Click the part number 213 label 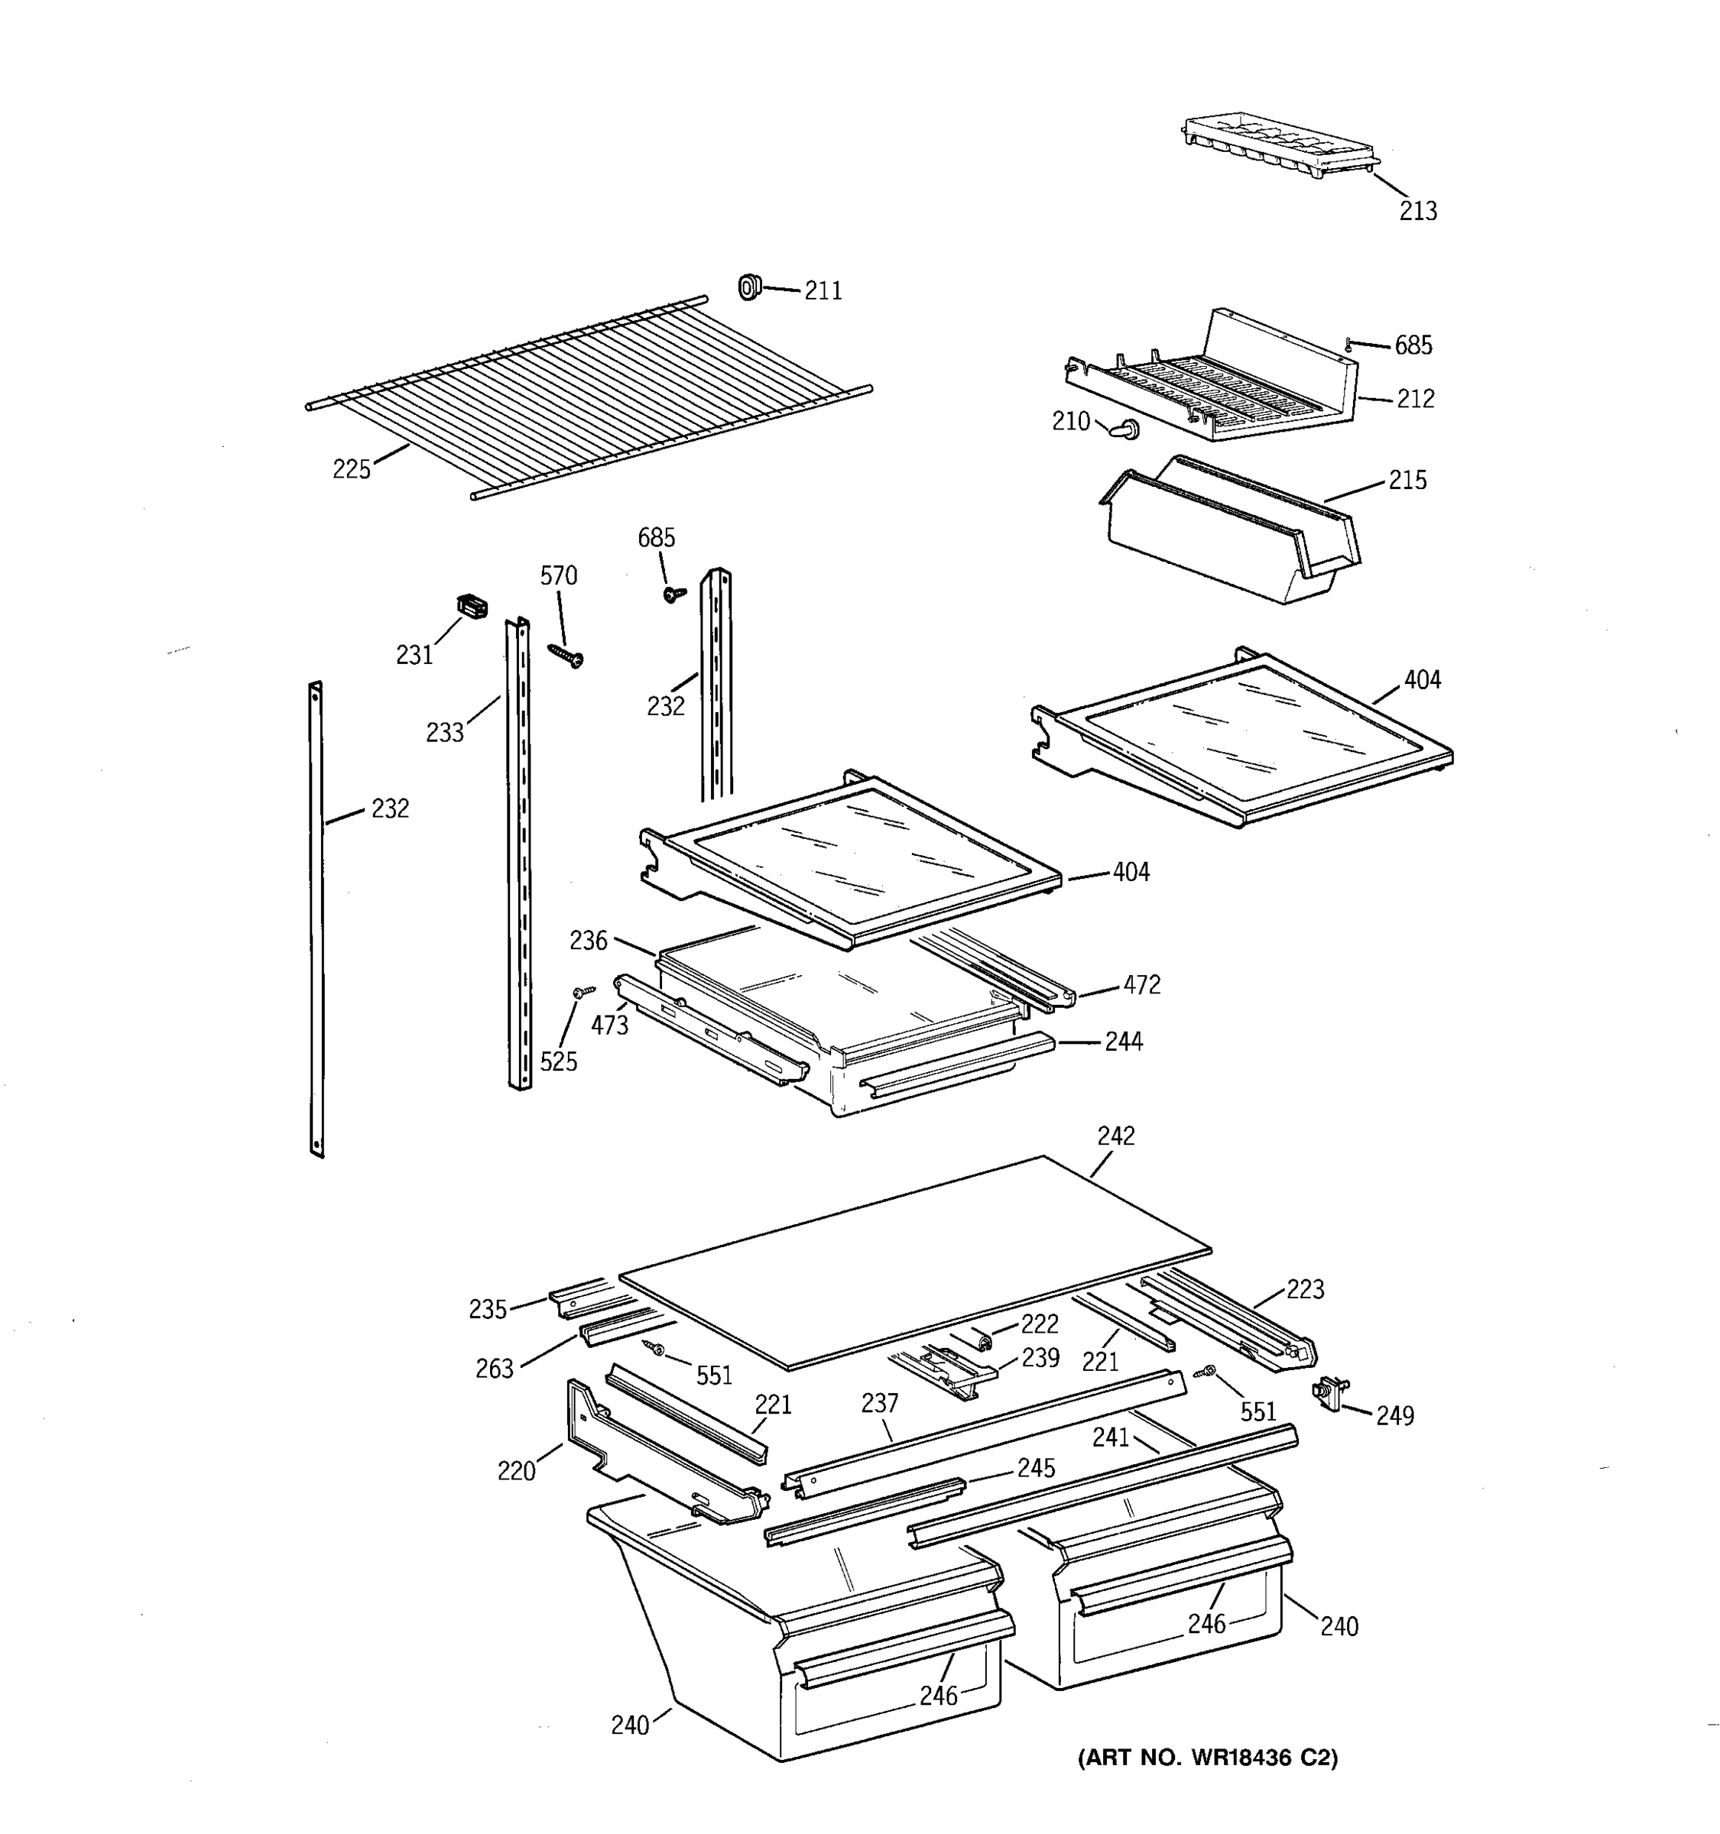point(1417,211)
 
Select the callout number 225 point(352,469)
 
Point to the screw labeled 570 point(566,655)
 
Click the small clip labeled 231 point(472,606)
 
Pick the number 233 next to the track point(445,733)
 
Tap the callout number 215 point(1407,480)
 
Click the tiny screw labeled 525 point(581,992)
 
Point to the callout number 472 point(1141,984)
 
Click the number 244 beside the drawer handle point(1124,1042)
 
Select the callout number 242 point(1115,1136)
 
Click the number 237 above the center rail point(879,1403)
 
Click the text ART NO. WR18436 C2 point(1207,1758)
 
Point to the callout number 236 point(588,940)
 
